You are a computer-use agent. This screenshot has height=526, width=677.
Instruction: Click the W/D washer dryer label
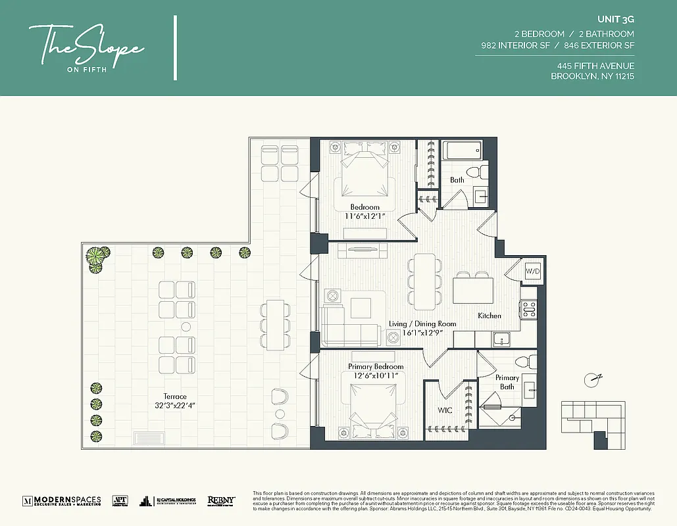[531, 271]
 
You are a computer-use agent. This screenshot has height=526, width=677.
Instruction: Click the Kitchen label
[489, 316]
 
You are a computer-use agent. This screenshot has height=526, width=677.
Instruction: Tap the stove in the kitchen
[528, 307]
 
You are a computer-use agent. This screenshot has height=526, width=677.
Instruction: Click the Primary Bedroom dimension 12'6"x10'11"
[376, 375]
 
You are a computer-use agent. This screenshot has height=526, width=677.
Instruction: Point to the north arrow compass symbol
[594, 378]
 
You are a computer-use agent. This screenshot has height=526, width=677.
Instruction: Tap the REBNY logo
[221, 500]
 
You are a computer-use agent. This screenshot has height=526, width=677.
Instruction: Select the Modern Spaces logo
[63, 500]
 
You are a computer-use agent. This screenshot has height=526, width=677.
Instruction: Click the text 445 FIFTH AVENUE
[595, 66]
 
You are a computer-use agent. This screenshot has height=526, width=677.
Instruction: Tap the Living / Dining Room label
[422, 323]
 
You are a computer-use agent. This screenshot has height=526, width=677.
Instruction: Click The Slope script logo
[86, 46]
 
